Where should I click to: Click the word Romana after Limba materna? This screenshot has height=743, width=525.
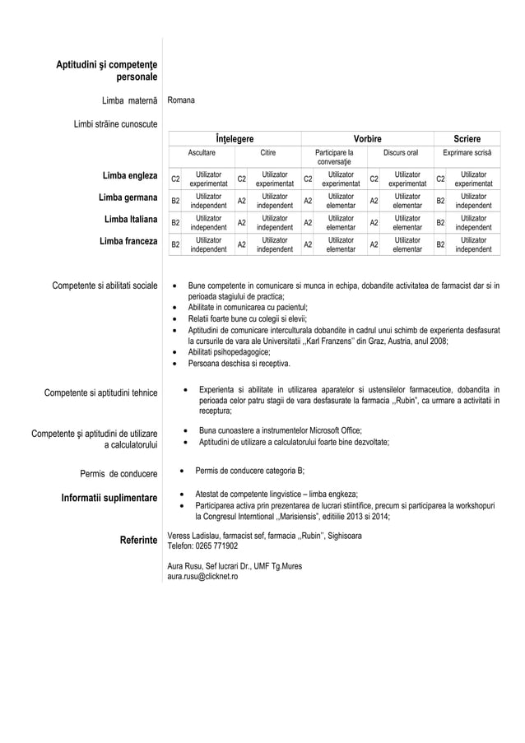[181, 100]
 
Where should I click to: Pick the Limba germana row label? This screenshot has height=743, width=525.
[128, 198]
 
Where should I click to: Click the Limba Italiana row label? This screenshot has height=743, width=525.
[131, 221]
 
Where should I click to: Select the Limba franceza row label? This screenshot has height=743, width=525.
[128, 243]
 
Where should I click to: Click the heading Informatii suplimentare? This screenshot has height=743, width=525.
[105, 498]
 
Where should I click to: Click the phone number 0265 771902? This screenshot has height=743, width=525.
[216, 546]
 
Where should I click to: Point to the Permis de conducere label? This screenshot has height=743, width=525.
[118, 473]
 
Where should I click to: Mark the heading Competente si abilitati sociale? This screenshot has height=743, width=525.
[105, 286]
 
